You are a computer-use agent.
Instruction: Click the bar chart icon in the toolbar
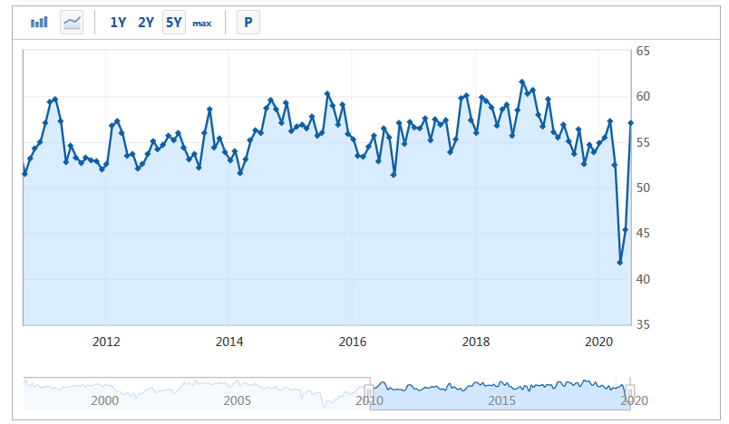click(x=39, y=23)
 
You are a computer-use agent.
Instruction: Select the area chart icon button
click(x=72, y=23)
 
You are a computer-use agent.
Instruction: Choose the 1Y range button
click(x=118, y=23)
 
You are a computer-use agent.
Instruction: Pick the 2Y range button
click(x=146, y=23)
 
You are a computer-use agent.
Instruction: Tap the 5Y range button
click(x=174, y=23)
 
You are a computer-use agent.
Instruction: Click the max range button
click(x=201, y=23)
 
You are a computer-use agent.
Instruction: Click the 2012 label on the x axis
click(x=106, y=342)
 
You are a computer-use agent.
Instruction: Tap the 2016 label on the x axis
click(x=352, y=342)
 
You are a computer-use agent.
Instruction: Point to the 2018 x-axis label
click(x=476, y=342)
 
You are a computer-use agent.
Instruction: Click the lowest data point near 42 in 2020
click(x=620, y=263)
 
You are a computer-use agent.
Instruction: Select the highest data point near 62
click(x=522, y=82)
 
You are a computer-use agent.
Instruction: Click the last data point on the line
click(x=631, y=123)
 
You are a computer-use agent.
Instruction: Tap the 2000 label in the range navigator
click(x=105, y=400)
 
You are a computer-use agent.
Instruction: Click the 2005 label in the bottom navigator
click(x=238, y=400)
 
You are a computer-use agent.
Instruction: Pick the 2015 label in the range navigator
click(x=501, y=400)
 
